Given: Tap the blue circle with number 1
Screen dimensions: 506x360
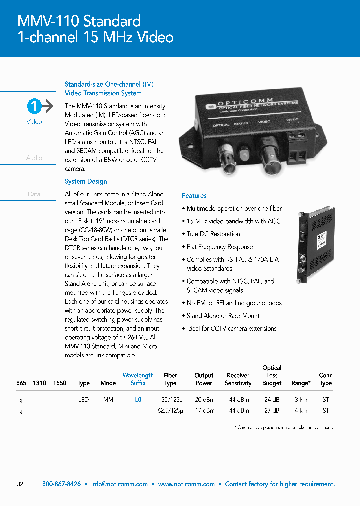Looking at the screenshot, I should (x=33, y=106).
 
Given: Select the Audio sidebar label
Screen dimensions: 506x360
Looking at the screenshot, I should (x=34, y=158).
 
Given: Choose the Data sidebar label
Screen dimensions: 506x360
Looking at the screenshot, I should (x=34, y=194).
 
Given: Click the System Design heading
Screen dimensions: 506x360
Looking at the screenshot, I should (x=86, y=182).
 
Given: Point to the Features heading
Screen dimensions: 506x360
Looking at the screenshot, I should (x=194, y=196).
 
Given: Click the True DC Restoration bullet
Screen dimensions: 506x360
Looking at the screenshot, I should (x=213, y=234).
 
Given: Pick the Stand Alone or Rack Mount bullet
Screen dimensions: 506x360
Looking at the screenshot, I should (x=223, y=316).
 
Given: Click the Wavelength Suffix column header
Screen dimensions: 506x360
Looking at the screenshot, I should (x=138, y=379).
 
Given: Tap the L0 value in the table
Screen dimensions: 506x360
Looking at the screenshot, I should (x=138, y=400).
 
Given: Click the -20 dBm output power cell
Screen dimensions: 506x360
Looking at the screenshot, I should (x=204, y=400).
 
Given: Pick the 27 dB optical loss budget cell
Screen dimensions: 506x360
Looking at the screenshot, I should (x=271, y=411).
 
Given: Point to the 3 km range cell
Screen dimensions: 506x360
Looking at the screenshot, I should (x=300, y=400).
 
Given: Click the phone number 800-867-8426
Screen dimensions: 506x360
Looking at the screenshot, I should (x=61, y=484).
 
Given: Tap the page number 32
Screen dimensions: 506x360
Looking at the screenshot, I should (x=20, y=484).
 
